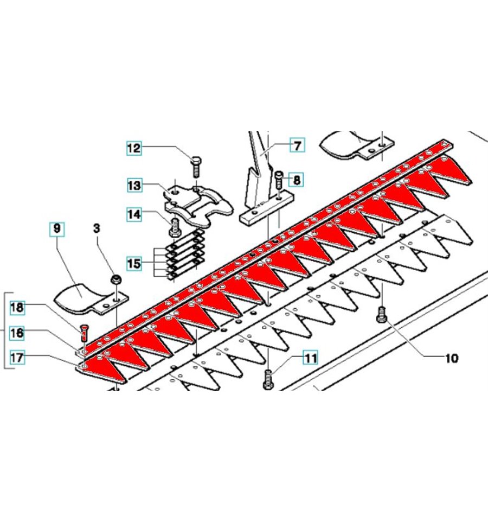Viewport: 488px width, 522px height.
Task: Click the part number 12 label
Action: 134,148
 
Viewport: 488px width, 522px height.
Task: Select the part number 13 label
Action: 134,185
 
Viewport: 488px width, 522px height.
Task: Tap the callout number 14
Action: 134,214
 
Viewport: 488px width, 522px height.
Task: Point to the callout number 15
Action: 134,263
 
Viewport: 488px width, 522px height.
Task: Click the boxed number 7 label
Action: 297,145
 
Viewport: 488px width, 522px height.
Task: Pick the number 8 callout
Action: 297,180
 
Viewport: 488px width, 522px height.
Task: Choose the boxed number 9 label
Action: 57,228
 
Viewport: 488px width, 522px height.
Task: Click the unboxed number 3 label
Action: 97,228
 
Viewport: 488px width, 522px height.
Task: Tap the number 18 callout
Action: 17,307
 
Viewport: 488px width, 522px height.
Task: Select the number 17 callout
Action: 17,358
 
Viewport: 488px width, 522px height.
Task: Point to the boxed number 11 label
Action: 310,358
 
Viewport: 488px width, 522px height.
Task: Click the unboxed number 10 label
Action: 452,358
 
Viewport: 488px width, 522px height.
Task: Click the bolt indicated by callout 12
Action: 195,167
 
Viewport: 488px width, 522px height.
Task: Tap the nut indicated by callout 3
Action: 116,279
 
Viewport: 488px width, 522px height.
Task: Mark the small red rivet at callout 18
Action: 84,333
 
